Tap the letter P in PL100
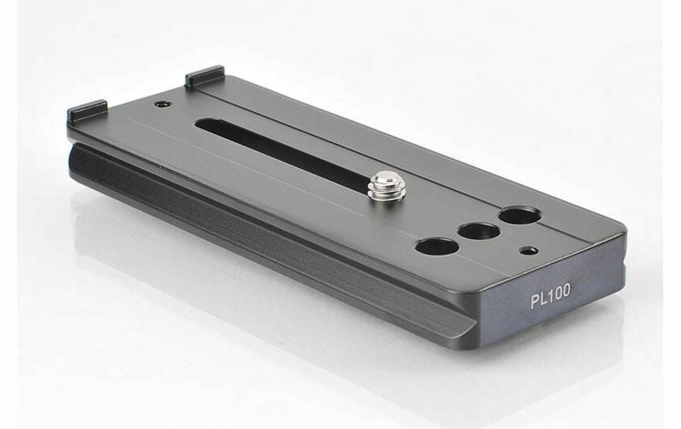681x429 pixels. point(535,301)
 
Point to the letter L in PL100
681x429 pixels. point(544,299)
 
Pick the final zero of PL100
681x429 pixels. point(566,291)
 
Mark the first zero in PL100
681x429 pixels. point(557,293)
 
